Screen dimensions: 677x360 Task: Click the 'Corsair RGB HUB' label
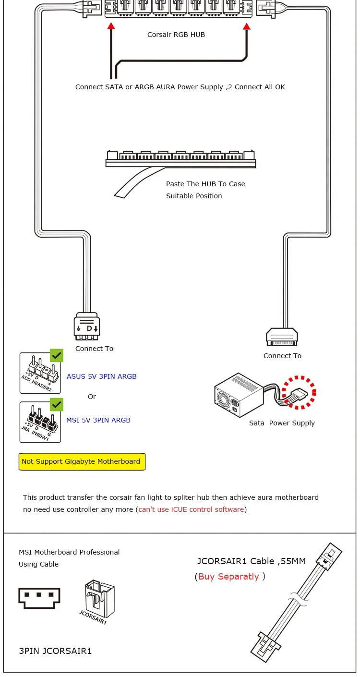point(176,35)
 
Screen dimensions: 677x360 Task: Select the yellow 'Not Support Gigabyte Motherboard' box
point(82,462)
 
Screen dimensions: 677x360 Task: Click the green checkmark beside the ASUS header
point(57,356)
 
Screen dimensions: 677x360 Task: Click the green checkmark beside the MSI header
point(57,404)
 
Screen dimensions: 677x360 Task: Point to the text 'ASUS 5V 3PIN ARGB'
point(102,376)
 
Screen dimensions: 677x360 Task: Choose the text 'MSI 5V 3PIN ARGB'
point(98,420)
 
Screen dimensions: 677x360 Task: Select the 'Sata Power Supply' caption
point(282,423)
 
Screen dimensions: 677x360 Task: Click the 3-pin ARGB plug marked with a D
point(87,326)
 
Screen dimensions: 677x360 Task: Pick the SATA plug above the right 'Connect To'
point(282,337)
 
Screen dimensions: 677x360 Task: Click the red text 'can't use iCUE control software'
point(192,509)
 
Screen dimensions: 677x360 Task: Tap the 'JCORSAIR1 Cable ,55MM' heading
point(252,561)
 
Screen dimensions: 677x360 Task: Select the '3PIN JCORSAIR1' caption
point(55,651)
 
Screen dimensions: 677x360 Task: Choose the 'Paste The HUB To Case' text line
point(205,184)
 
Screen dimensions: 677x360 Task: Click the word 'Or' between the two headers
point(92,397)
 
